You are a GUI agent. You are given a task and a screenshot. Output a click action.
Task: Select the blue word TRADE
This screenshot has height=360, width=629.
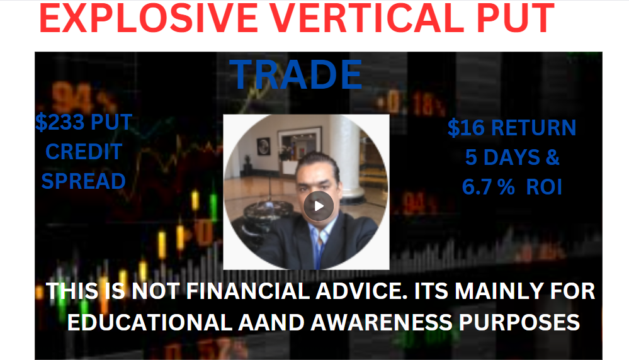pyautogui.click(x=296, y=74)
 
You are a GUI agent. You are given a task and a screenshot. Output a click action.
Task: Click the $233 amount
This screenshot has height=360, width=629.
pyautogui.click(x=60, y=122)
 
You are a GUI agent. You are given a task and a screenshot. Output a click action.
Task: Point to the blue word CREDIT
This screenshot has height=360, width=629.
pyautogui.click(x=84, y=152)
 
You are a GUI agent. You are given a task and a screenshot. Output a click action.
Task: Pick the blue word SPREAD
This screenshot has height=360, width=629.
pyautogui.click(x=84, y=181)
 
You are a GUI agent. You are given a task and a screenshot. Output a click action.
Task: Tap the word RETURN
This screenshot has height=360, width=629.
pyautogui.click(x=533, y=128)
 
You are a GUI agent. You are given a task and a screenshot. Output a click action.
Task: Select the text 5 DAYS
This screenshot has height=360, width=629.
pyautogui.click(x=503, y=157)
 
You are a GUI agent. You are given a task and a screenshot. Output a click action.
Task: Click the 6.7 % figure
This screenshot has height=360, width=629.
pyautogui.click(x=488, y=187)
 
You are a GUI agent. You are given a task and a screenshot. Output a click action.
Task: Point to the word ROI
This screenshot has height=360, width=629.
pyautogui.click(x=544, y=187)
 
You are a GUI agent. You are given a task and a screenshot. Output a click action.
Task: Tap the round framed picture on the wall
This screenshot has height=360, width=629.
pyautogui.click(x=263, y=146)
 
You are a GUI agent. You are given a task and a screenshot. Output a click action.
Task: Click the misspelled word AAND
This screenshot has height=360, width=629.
pyautogui.click(x=271, y=322)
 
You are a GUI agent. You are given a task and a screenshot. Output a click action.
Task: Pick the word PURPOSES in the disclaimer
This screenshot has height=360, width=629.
pyautogui.click(x=519, y=322)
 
